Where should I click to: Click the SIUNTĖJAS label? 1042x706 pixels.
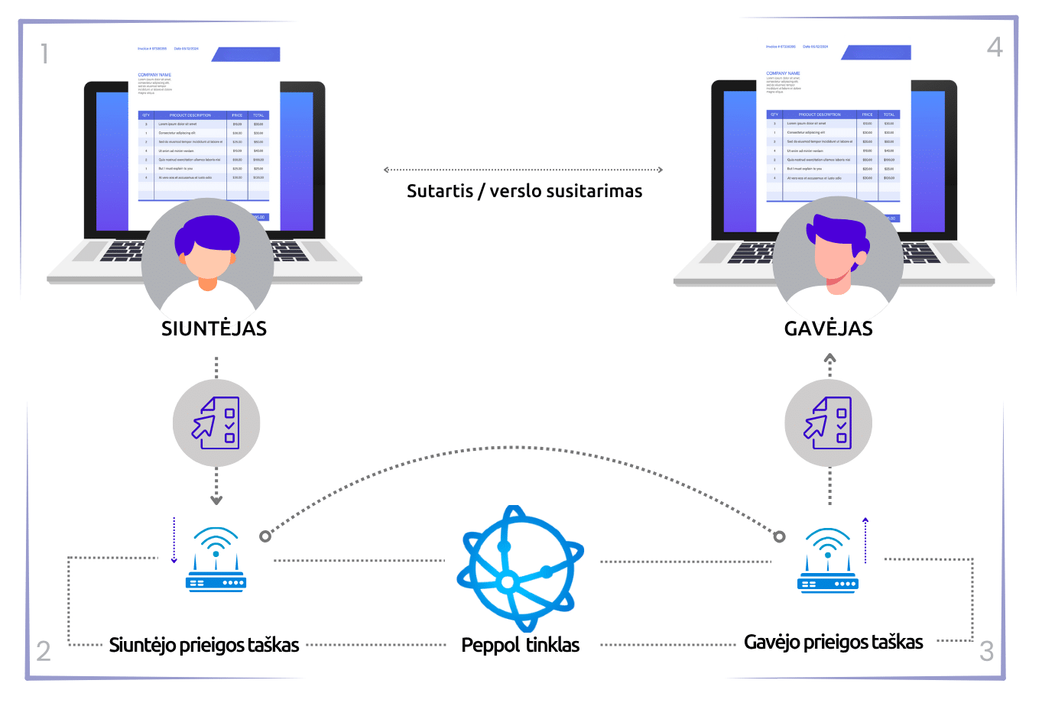tap(214, 329)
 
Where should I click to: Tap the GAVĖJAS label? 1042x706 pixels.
tap(829, 329)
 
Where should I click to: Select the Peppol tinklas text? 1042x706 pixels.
tap(521, 645)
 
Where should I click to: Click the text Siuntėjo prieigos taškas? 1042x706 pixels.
tap(204, 645)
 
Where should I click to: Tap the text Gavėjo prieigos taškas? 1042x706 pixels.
tap(833, 642)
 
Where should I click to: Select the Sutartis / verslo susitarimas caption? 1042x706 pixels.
tap(524, 191)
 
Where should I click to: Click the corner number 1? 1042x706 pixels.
tap(44, 53)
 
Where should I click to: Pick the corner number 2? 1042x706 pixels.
tap(44, 651)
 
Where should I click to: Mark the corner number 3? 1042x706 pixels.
tap(987, 652)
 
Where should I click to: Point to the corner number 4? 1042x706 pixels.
tap(995, 47)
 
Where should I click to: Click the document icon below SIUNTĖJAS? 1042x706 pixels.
tap(216, 423)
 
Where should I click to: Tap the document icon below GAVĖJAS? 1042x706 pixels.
tap(829, 423)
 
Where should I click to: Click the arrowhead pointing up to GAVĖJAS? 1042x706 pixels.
tap(829, 358)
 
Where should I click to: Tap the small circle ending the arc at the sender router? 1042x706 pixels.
tap(265, 536)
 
